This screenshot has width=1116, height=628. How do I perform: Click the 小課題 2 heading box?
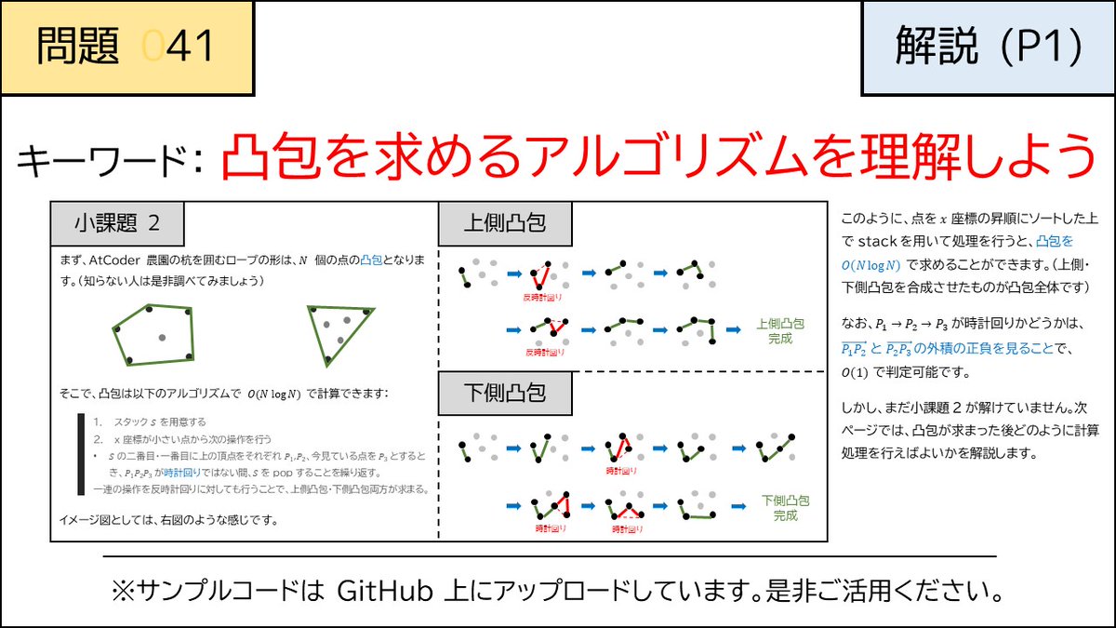(117, 223)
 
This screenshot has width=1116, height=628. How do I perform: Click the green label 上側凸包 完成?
(780, 331)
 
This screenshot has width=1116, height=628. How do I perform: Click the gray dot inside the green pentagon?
(161, 336)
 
